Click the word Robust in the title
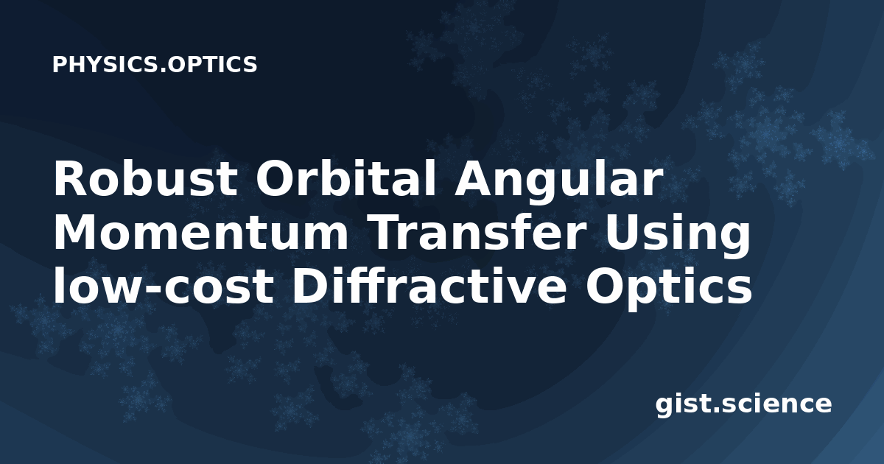(x=145, y=179)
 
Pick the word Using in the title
(x=676, y=236)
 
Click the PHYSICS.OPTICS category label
(x=155, y=64)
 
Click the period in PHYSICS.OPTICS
(x=163, y=71)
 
